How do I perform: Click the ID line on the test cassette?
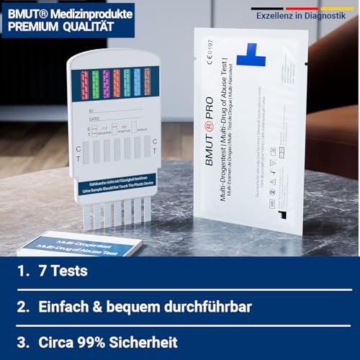(x=115, y=110)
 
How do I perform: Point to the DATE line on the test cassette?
(x=115, y=118)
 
